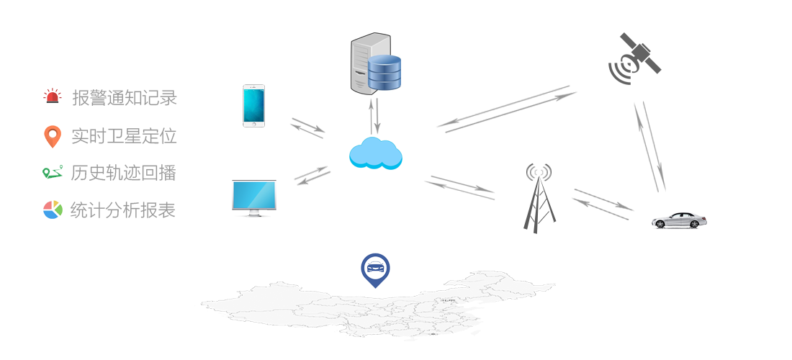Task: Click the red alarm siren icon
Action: point(53,97)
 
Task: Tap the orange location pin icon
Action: point(53,136)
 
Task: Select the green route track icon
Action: point(53,173)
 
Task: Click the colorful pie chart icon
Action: point(53,210)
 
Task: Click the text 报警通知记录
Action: point(124,98)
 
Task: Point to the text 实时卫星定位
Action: point(124,135)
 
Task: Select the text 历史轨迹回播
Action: point(124,173)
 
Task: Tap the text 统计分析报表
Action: point(124,210)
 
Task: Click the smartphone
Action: point(253,106)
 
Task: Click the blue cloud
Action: point(375,153)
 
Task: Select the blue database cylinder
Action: point(383,73)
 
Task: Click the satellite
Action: point(634,58)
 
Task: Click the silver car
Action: point(679,220)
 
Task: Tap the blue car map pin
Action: point(375,269)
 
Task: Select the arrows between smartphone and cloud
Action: point(307,129)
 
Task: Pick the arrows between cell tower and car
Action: point(603,200)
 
